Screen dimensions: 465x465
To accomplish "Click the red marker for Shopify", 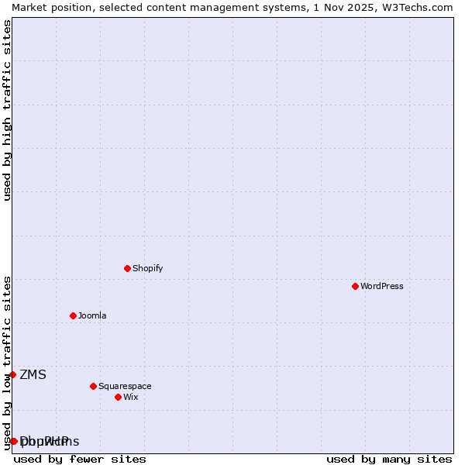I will click(127, 268).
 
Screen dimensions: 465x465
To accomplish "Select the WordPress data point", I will click(355, 286).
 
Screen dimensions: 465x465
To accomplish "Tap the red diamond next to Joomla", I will click(73, 315).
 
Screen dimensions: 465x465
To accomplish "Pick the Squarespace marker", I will click(93, 386).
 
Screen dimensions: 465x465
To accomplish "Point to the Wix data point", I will click(118, 397).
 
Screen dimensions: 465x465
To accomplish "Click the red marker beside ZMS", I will click(12, 374).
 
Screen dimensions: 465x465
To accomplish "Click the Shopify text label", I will click(147, 268).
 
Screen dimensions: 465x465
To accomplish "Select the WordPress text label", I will click(381, 286).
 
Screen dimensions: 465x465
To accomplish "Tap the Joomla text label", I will click(92, 315).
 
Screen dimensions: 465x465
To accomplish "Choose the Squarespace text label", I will click(125, 386).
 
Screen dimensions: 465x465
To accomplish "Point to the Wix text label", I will click(130, 397).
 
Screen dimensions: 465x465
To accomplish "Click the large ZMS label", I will click(33, 375).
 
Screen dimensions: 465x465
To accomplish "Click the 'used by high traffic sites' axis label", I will click(7, 110).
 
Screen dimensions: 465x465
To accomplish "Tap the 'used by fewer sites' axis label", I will click(80, 459).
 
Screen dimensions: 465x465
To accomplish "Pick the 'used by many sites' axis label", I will click(389, 459).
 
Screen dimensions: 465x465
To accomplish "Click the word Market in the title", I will click(29, 7).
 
